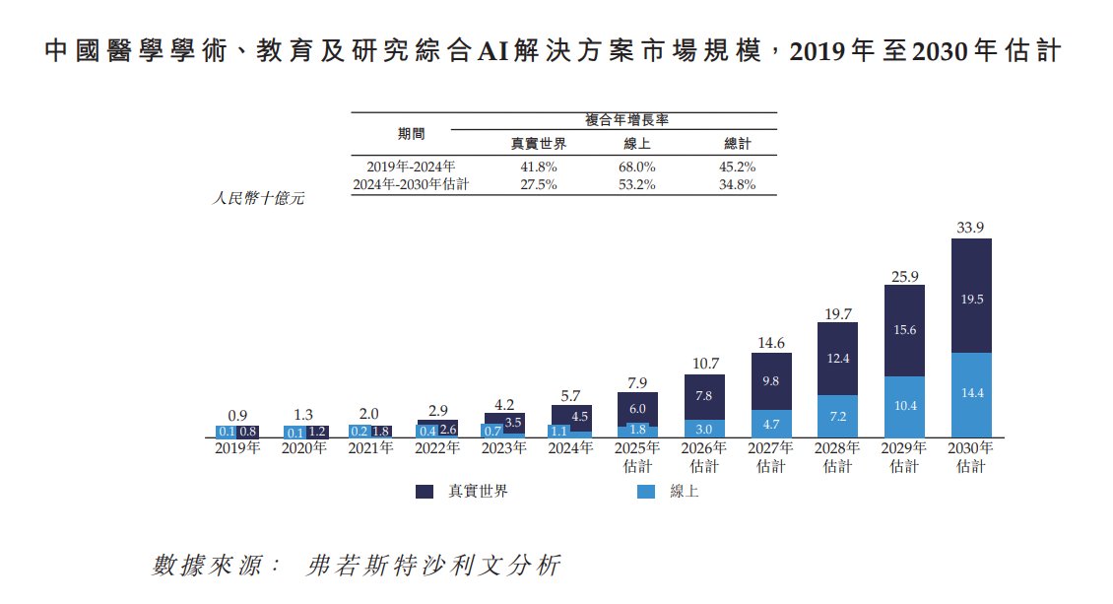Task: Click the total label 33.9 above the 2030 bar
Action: pos(970,228)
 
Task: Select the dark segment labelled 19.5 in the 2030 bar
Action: pos(971,299)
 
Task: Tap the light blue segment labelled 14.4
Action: pos(971,392)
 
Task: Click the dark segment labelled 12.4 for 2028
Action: pos(838,359)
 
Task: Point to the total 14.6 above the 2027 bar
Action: pos(771,343)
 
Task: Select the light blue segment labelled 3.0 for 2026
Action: pos(704,429)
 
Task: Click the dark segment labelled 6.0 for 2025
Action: pos(637,408)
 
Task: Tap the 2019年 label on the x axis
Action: pos(237,448)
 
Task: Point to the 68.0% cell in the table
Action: pos(637,167)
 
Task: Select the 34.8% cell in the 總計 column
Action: pos(737,184)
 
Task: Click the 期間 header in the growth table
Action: pos(411,133)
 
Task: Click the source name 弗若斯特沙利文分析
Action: pos(433,566)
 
